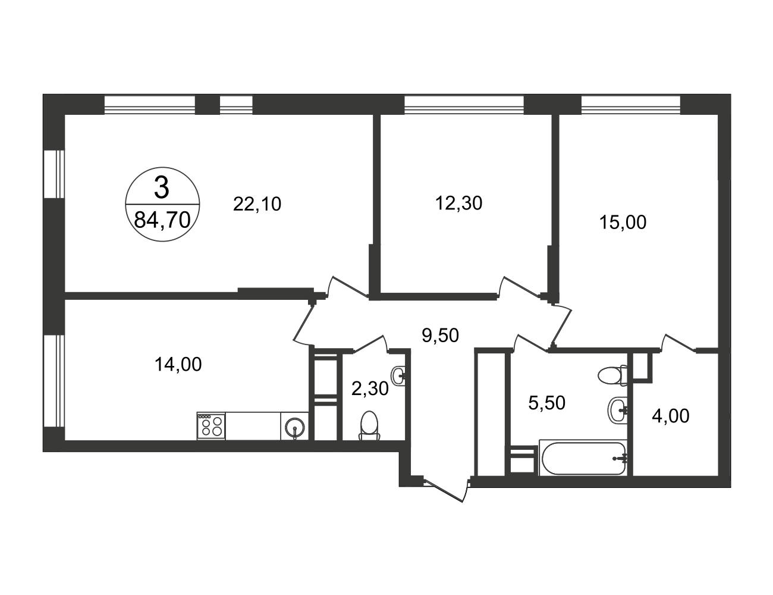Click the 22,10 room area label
click(x=257, y=204)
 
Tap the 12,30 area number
click(x=458, y=203)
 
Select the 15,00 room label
click(x=623, y=223)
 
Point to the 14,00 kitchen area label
click(x=178, y=364)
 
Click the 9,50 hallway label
click(x=440, y=335)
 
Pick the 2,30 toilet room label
click(x=370, y=389)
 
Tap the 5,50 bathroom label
click(x=547, y=403)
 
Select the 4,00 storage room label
click(x=671, y=416)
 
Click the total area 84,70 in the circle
click(x=162, y=220)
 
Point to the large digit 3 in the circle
click(x=162, y=188)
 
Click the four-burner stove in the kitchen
click(x=211, y=425)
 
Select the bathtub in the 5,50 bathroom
click(x=583, y=458)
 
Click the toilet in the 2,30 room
click(x=369, y=426)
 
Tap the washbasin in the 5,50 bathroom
click(x=618, y=410)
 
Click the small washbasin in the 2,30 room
click(x=398, y=375)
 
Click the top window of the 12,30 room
click(x=464, y=105)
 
